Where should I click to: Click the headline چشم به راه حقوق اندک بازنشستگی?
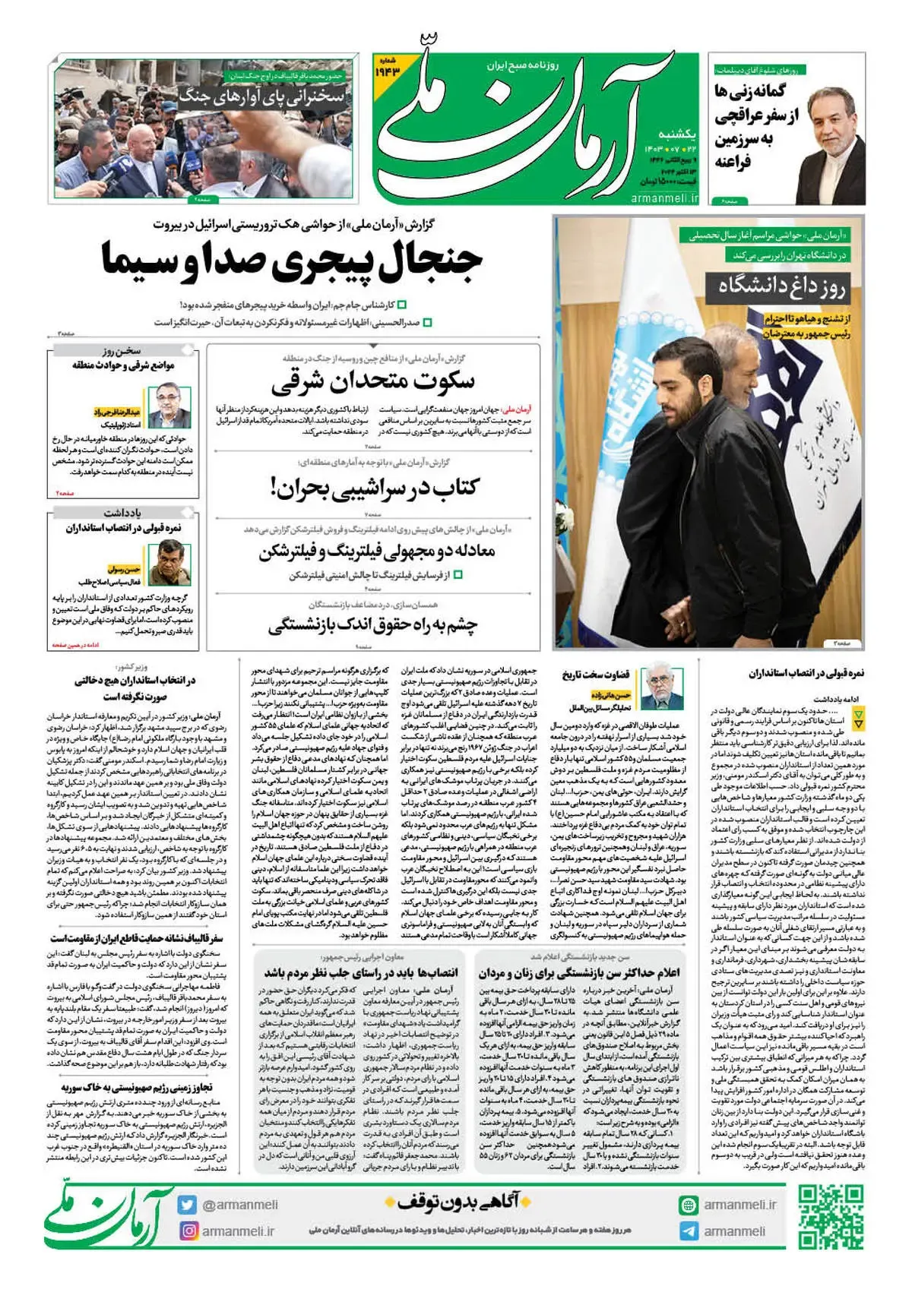372,626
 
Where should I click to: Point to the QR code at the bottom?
831,1217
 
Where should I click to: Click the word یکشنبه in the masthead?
676,134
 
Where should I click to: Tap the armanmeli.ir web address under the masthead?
663,198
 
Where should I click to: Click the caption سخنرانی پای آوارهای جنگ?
261,96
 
